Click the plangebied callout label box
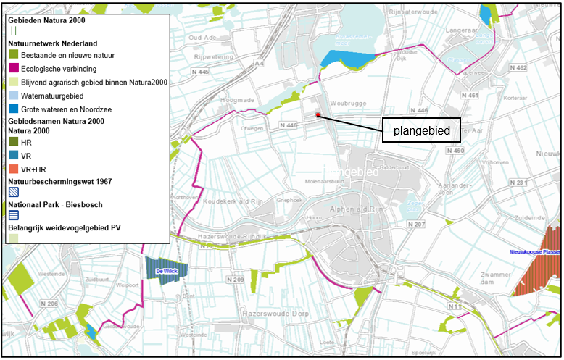[x=422, y=131]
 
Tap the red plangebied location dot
[x=318, y=114]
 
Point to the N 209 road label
[x=235, y=279]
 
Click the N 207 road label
[x=416, y=225]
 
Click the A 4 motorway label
[x=260, y=64]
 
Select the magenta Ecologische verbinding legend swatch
[x=14, y=69]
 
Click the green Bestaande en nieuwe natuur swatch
[x=14, y=55]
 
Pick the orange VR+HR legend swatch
[x=14, y=168]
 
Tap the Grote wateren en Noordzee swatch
[x=14, y=108]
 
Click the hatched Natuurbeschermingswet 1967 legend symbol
[x=14, y=193]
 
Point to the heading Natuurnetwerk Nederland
[x=51, y=43]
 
